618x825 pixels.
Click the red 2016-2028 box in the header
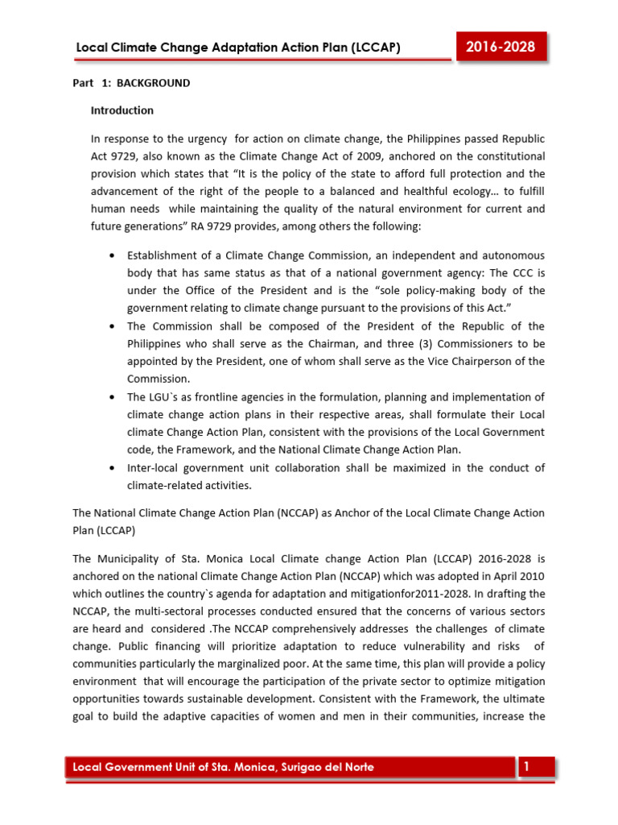click(x=501, y=47)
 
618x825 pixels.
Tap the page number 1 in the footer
click(x=526, y=767)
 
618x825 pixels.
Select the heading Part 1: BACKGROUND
click(x=131, y=83)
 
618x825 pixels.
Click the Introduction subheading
click(x=122, y=110)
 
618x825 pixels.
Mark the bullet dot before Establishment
click(x=110, y=255)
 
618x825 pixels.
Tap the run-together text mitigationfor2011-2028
click(x=363, y=593)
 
